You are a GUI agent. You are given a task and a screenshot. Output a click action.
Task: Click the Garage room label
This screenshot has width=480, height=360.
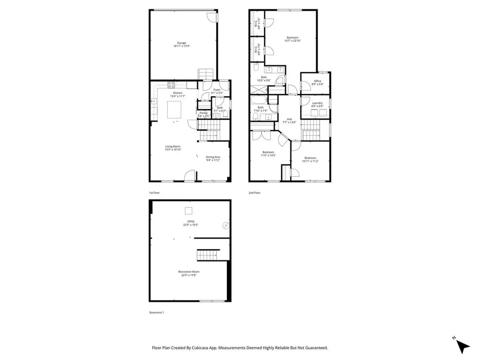click(x=181, y=43)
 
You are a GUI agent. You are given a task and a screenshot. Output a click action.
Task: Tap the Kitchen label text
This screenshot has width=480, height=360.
click(x=178, y=93)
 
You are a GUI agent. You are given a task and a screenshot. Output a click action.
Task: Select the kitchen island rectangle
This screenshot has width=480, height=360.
click(x=175, y=110)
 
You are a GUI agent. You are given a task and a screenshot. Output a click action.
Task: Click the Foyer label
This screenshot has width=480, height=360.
click(x=217, y=90)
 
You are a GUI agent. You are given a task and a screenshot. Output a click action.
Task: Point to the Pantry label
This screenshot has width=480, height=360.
click(x=203, y=112)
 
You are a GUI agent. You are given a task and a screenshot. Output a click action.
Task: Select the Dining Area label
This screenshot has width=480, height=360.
click(x=213, y=157)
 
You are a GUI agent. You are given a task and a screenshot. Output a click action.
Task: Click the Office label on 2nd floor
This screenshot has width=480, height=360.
click(x=317, y=81)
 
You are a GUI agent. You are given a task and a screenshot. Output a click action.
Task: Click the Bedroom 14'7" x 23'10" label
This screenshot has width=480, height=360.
click(x=292, y=37)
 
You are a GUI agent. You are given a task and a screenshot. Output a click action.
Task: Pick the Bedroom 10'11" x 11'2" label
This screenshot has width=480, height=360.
click(x=310, y=158)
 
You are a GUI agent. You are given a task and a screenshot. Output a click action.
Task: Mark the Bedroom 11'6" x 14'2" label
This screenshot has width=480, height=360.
click(x=269, y=152)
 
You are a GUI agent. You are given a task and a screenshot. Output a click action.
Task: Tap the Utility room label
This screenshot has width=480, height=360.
click(x=191, y=221)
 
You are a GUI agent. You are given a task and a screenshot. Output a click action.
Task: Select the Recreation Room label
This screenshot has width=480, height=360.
click(x=189, y=272)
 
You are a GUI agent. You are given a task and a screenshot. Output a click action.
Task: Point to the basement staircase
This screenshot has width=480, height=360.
click(x=206, y=255)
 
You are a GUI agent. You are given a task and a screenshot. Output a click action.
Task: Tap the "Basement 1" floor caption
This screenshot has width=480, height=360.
click(x=157, y=312)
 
